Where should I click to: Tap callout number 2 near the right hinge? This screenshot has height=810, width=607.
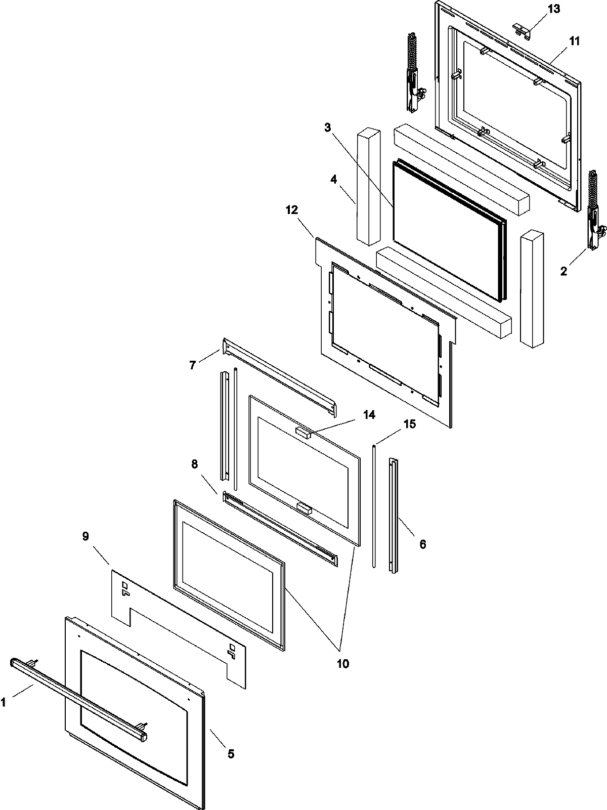tap(564, 271)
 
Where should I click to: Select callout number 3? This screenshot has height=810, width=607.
tap(328, 128)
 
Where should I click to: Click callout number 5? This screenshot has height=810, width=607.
tap(231, 754)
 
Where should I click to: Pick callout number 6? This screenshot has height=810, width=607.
tap(423, 544)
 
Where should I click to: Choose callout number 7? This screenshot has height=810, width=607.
tap(193, 364)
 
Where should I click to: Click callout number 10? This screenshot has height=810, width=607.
tap(343, 663)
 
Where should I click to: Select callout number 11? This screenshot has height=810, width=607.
tap(575, 41)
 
